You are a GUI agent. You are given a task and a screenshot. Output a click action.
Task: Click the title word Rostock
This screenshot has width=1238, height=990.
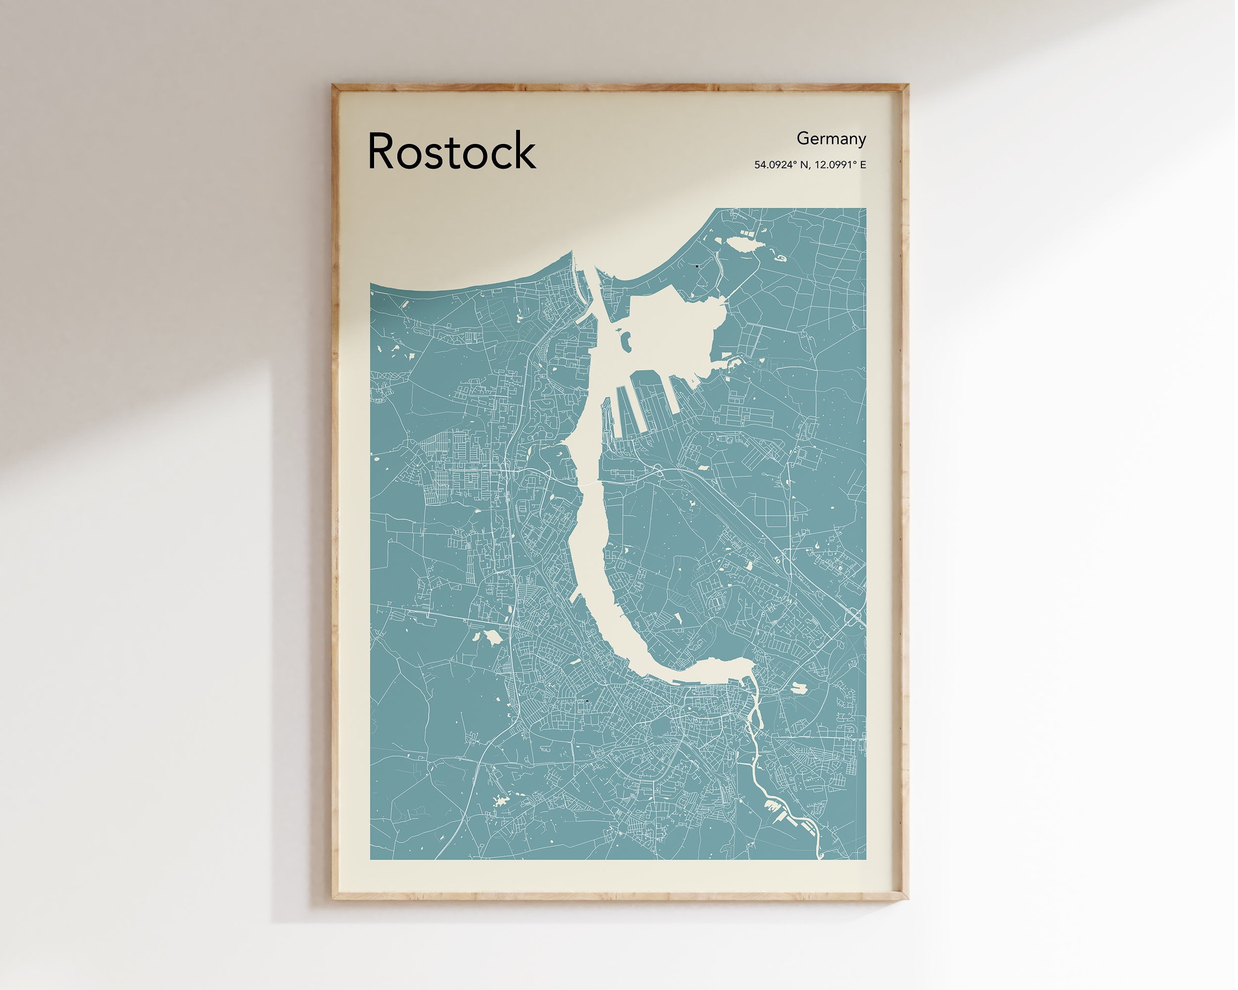pyautogui.click(x=451, y=151)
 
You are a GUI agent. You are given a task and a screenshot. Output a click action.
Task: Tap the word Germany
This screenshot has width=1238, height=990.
pyautogui.click(x=831, y=139)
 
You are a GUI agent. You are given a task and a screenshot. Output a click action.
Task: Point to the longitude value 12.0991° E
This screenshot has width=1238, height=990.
pyautogui.click(x=841, y=165)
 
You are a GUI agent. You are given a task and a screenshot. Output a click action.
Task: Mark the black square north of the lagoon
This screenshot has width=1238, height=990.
pyautogui.click(x=697, y=267)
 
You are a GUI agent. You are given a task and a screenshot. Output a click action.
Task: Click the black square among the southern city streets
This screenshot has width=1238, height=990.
pyautogui.click(x=587, y=701)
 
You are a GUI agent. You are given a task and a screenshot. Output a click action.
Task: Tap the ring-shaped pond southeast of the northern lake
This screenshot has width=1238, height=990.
pyautogui.click(x=780, y=258)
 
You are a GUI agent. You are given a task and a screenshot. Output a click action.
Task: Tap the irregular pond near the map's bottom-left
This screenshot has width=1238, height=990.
pyautogui.click(x=501, y=800)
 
